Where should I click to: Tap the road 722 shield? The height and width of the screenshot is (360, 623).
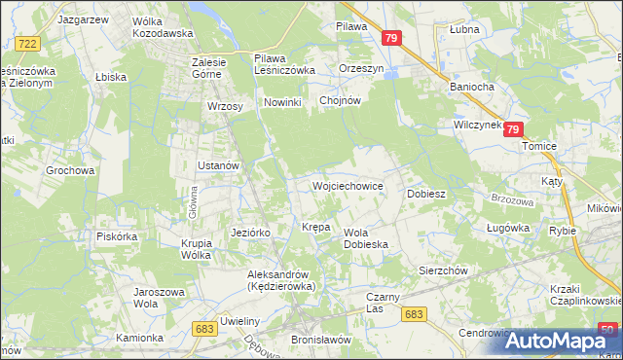[x=27, y=44]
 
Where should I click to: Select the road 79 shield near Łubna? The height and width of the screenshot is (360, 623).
[x=391, y=38]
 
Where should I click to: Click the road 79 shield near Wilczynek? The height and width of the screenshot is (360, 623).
[x=515, y=128]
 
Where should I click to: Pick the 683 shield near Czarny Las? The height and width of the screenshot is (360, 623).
[x=414, y=313]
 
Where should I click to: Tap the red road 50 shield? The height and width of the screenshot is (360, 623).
[x=607, y=329]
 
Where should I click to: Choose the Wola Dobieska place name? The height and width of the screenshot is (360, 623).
[x=366, y=238]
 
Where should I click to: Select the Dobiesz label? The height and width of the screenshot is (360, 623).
[x=426, y=194]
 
